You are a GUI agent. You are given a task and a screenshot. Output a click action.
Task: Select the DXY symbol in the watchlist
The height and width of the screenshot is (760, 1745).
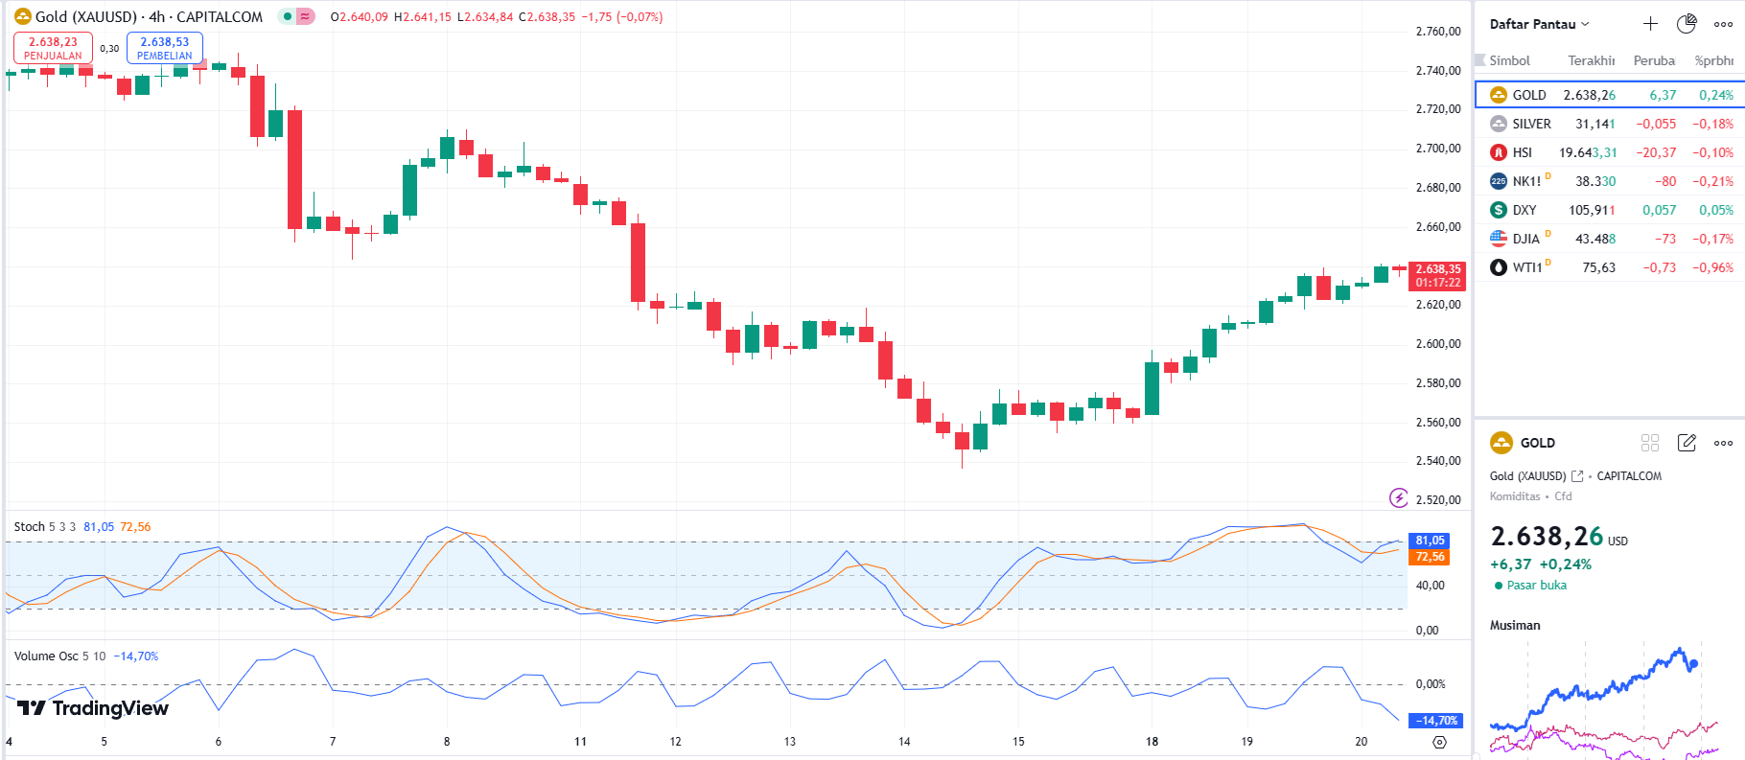pos(1524,210)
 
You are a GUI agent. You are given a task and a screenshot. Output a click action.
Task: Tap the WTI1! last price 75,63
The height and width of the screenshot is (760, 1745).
pos(1598,267)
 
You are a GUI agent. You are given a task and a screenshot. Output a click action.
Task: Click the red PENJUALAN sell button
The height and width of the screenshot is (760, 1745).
pos(53,48)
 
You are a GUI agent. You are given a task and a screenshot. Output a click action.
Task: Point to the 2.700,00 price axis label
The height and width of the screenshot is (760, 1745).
pos(1437,149)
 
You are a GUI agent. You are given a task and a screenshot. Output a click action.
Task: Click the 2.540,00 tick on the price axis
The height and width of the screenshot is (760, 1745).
pos(1437,461)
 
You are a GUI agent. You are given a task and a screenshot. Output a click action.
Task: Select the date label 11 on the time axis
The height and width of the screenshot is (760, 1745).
pos(580,742)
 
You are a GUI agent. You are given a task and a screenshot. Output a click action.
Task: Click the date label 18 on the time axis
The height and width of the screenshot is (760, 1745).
pos(1152,742)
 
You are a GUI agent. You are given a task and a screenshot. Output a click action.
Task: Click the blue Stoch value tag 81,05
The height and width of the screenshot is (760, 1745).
pos(1430,541)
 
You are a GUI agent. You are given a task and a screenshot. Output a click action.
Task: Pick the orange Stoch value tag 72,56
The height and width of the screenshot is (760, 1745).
pos(1430,557)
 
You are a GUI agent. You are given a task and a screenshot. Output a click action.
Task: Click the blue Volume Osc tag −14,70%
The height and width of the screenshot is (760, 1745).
pos(1437,721)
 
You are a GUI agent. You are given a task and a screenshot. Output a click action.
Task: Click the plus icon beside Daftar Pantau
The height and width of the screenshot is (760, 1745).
pos(1650,24)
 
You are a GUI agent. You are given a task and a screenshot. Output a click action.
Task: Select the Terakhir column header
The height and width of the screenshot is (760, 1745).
pos(1591,60)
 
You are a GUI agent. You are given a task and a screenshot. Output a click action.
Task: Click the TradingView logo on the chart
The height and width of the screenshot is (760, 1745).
pos(93,708)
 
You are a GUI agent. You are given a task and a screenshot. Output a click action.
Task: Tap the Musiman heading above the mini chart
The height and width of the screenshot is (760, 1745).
pos(1515,625)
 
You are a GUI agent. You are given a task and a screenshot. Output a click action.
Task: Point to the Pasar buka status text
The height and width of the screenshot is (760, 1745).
pos(1536,586)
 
